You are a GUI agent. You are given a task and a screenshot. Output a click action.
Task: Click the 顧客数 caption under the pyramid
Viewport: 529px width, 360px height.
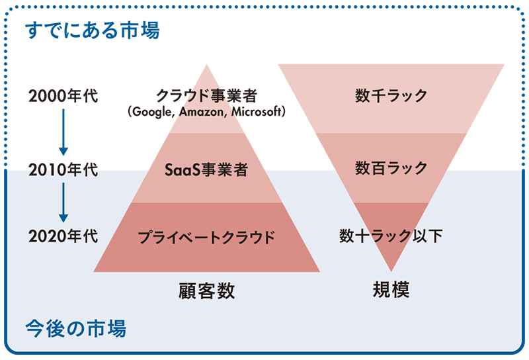pos(207,291)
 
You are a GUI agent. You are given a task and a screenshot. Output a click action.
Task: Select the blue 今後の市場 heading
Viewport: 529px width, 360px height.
pos(75,328)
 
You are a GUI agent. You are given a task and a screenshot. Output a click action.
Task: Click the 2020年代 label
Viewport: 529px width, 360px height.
pos(63,236)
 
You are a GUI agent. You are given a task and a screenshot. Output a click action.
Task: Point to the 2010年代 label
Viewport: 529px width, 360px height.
pos(63,171)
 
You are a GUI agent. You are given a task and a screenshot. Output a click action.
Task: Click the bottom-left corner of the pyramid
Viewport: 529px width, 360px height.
pos(95,271)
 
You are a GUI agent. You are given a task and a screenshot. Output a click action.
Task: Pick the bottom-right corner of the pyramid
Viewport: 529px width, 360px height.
pos(319,271)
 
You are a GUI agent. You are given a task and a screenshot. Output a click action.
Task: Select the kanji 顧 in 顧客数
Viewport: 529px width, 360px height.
pos(188,291)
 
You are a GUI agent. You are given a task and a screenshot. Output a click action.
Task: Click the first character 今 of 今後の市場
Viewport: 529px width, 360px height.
pos(33,328)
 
